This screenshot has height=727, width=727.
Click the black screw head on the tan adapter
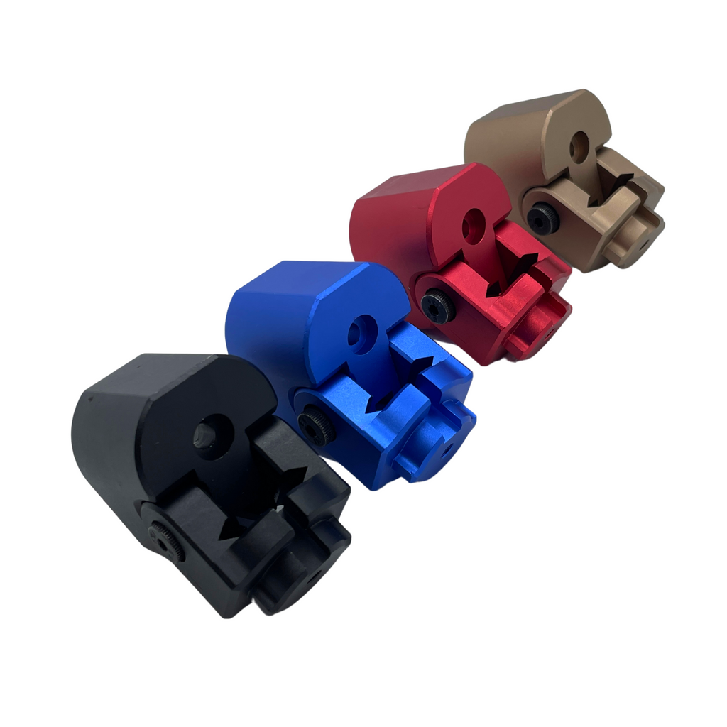point(542,218)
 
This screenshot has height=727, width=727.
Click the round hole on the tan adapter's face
point(579,147)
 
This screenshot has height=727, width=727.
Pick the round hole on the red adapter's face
point(472,226)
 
